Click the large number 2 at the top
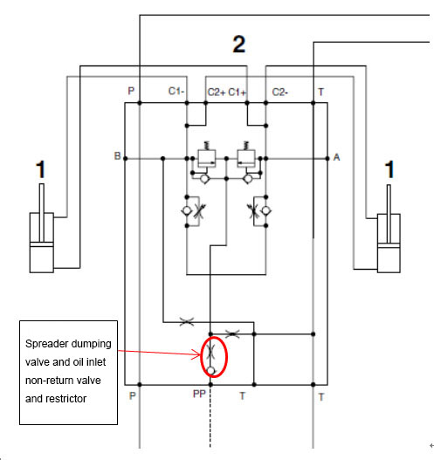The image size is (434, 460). (x=239, y=44)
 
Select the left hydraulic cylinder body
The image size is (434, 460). (x=42, y=243)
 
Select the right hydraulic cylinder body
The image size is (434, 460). (x=389, y=244)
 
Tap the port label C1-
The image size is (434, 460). (x=176, y=92)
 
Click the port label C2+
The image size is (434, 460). (x=217, y=93)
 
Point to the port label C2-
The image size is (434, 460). (x=280, y=93)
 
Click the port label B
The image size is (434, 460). (x=117, y=155)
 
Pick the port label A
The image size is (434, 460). (x=336, y=157)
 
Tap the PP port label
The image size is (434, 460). (x=199, y=394)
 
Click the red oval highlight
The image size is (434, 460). (x=202, y=356)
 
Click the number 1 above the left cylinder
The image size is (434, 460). (x=40, y=169)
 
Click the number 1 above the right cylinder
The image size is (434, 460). (x=389, y=169)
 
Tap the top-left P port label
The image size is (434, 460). (x=131, y=91)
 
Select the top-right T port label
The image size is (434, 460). (x=321, y=93)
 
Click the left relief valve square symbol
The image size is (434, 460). (x=207, y=158)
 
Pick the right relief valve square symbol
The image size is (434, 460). (x=246, y=158)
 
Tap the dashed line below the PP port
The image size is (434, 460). (x=210, y=416)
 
